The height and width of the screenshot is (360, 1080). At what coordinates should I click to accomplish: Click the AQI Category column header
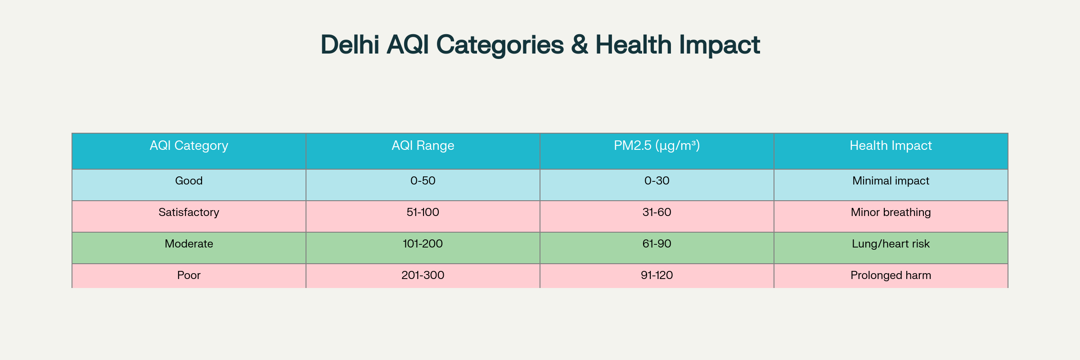point(189,146)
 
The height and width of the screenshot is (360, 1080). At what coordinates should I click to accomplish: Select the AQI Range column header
point(423,146)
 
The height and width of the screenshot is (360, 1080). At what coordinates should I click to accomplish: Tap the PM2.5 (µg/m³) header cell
point(657,146)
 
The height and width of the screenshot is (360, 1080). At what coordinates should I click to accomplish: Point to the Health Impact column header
point(891,146)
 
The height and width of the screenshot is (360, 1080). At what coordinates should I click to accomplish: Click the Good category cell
point(189,181)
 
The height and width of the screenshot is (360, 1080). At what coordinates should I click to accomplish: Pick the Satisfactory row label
point(189,212)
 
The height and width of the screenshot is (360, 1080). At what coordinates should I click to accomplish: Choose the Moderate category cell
point(189,244)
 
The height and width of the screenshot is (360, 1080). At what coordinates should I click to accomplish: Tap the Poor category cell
point(189,275)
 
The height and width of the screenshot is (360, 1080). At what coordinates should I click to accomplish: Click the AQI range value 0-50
point(423,181)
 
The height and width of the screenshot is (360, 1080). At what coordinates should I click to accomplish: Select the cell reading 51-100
point(423,212)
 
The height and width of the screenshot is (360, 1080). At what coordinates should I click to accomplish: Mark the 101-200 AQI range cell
point(423,244)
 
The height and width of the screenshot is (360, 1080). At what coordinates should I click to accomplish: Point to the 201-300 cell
point(423,275)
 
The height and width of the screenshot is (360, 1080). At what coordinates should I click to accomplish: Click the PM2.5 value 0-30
point(657,181)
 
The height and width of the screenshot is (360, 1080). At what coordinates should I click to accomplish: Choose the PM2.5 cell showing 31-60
point(657,212)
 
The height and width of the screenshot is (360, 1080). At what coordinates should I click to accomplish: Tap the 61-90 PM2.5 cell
point(657,244)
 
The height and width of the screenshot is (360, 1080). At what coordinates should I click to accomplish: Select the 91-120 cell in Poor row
point(657,275)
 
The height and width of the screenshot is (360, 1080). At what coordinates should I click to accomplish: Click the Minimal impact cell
point(891,181)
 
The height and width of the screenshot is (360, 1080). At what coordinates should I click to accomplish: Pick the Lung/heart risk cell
point(891,244)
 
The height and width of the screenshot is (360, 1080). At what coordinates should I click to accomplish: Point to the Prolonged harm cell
point(891,275)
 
